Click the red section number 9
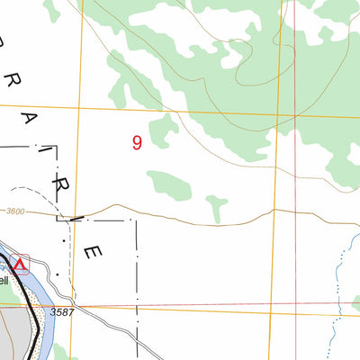pyautogui.click(x=137, y=142)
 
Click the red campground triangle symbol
pyautogui.click(x=19, y=265)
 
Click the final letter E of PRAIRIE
pyautogui.click(x=90, y=253)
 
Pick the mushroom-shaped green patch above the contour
pyautogui.click(x=216, y=205)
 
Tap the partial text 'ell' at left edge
pyautogui.click(x=4, y=281)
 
